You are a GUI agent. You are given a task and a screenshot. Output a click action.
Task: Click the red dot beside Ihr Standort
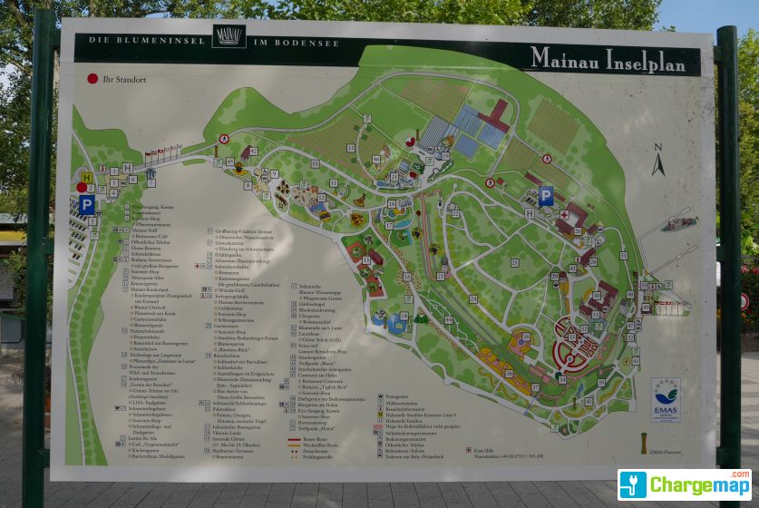(92, 79)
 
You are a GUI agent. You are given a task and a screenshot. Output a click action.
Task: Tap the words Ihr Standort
(124, 80)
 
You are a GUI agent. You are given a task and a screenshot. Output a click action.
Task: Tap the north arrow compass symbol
(658, 161)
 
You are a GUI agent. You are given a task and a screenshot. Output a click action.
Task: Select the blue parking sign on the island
(545, 195)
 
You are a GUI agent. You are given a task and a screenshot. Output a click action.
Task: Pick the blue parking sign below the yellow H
(86, 204)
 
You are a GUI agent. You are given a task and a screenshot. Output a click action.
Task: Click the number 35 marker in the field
(351, 149)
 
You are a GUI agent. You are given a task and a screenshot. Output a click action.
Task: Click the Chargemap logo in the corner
(685, 484)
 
